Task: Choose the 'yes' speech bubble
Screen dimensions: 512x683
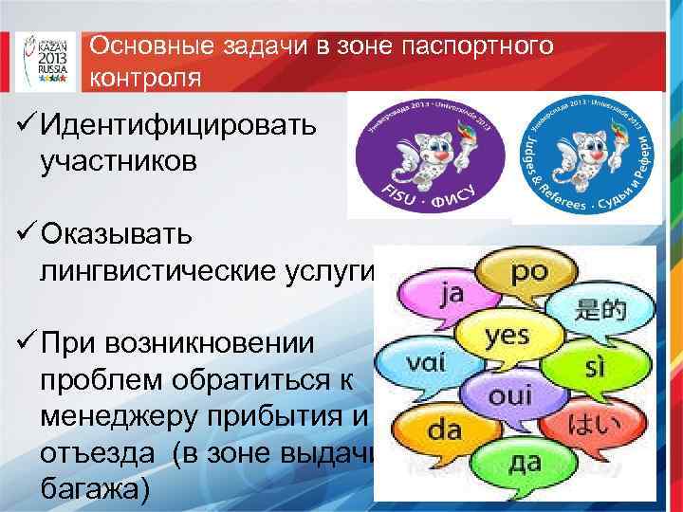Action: (505, 337)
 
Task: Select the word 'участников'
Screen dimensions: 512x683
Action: (119, 160)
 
